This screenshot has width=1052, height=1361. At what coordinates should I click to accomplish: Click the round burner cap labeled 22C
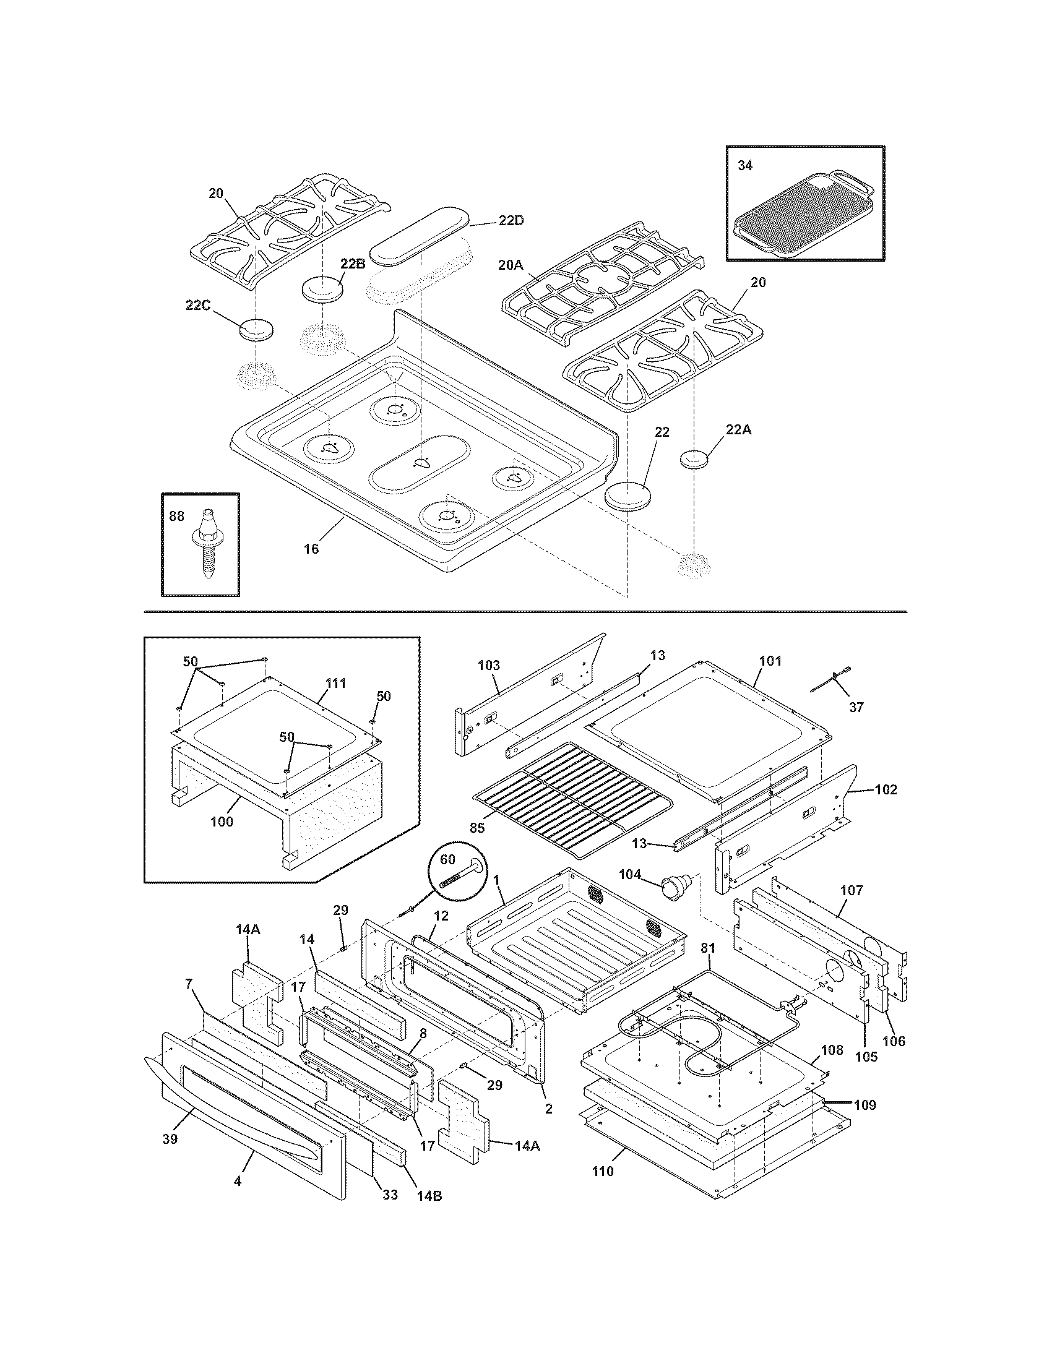pyautogui.click(x=256, y=328)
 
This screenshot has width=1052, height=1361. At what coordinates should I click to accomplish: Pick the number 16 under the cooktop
pyautogui.click(x=311, y=548)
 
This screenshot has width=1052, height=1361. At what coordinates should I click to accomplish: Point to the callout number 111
pyautogui.click(x=335, y=684)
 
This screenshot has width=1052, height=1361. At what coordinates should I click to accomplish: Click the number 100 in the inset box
pyautogui.click(x=222, y=822)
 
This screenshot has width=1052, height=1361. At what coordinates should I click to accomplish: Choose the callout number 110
pyautogui.click(x=602, y=1172)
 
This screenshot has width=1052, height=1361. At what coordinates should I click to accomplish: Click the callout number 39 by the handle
pyautogui.click(x=170, y=1138)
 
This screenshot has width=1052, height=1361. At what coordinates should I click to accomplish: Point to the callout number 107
pyautogui.click(x=852, y=890)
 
